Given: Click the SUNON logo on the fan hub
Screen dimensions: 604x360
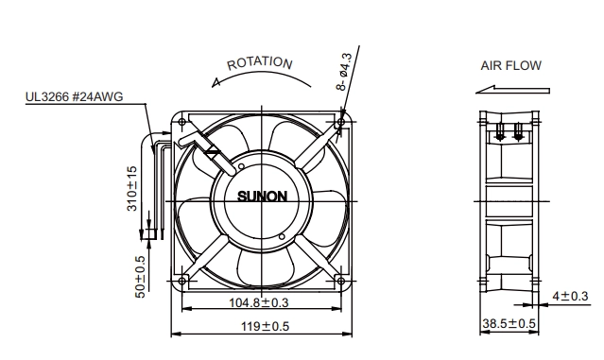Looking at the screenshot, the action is point(262,197).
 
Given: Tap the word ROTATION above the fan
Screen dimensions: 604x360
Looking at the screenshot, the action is point(260,63).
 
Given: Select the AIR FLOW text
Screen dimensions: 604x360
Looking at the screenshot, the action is point(510,65).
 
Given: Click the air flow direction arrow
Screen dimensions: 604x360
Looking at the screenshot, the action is point(512,90).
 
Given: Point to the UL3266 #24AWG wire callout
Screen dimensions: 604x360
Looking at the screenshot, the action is point(75,96).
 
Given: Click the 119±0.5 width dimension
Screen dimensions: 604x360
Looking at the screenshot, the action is point(265,327).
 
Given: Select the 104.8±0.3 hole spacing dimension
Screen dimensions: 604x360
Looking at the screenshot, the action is point(259,302).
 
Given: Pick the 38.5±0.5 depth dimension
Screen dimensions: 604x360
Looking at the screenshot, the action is point(509,323).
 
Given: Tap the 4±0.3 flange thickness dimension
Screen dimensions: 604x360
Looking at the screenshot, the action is point(570,296).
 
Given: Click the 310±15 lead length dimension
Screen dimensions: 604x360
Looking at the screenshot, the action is point(131,188).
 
